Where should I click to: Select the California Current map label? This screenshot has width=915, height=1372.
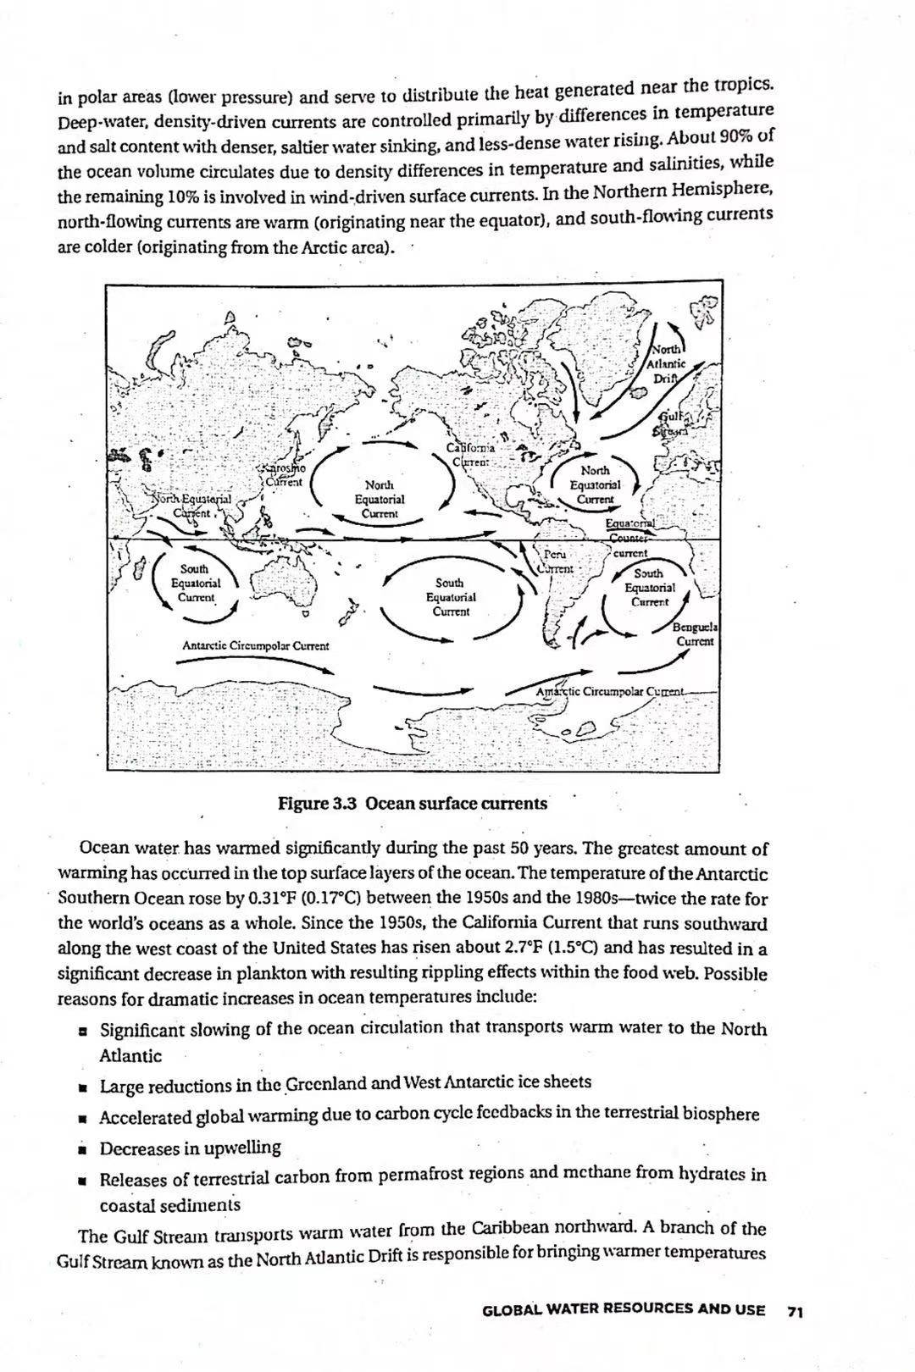471,455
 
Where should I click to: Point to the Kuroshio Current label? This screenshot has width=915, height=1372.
284,475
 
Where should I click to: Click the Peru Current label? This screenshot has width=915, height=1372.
556,561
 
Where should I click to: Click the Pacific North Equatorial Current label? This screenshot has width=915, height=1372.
380,499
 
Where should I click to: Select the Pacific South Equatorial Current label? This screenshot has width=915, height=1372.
451,596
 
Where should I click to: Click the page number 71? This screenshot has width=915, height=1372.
795,1310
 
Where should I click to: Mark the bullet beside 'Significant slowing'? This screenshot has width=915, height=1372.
83,1031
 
